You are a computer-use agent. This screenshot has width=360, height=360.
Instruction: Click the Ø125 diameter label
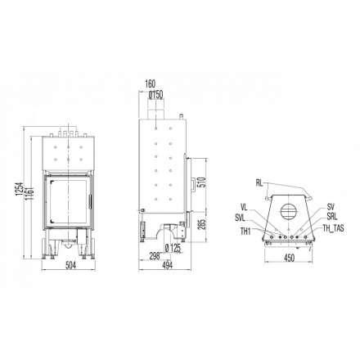pos(172,248)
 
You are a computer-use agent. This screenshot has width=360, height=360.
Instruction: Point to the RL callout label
pos(259,182)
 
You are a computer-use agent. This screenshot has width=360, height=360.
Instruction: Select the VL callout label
pos(244,207)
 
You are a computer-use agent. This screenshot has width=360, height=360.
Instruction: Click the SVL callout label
pos(239,218)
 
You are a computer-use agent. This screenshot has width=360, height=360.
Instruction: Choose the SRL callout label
pos(332,218)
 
